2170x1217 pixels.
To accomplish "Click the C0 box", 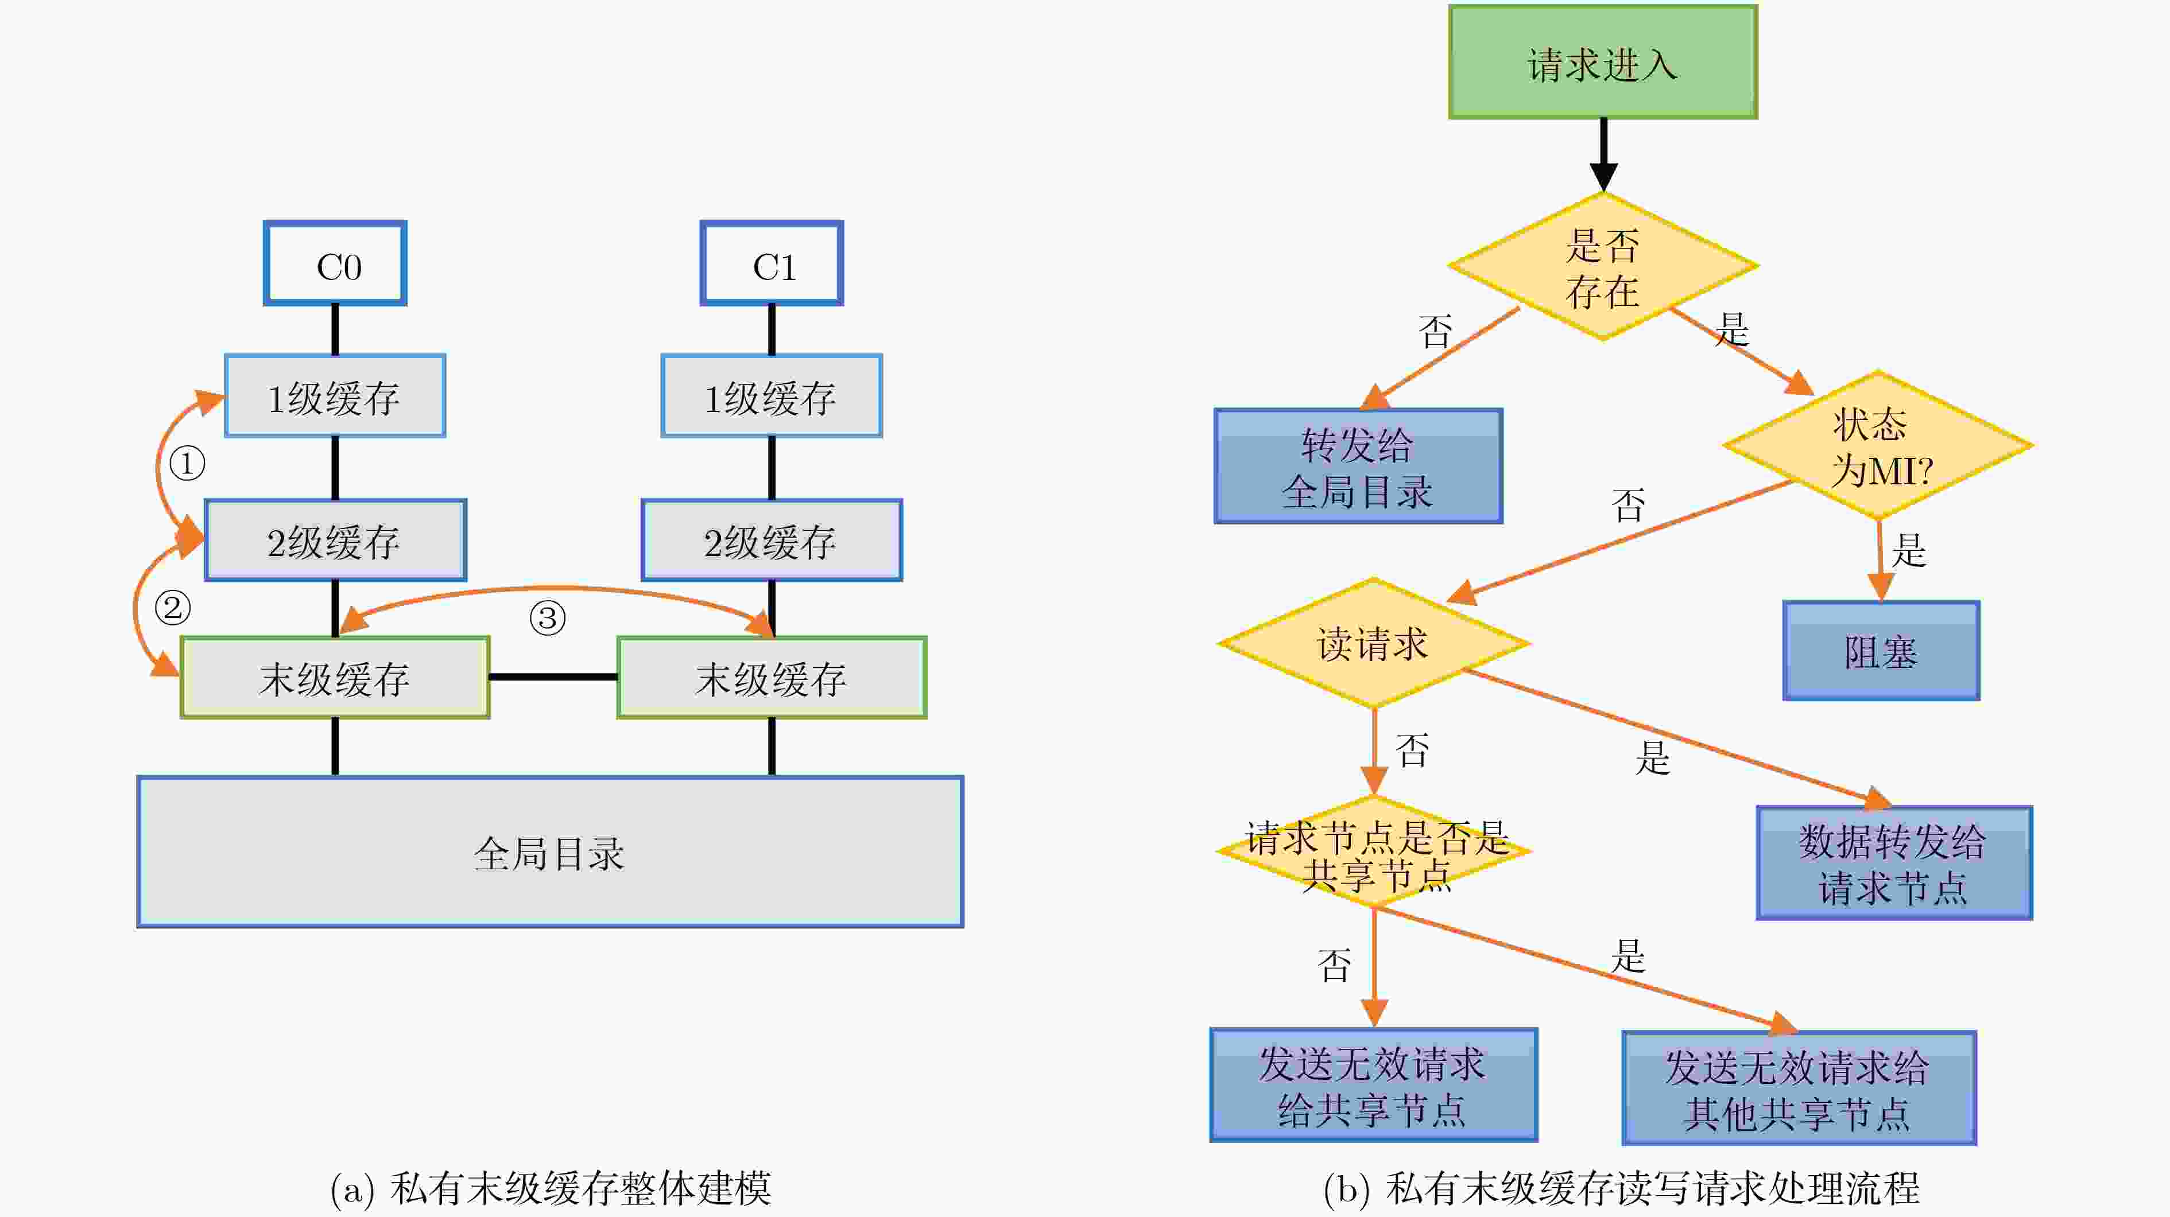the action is click(x=335, y=263).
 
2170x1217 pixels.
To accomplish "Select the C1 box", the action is click(x=772, y=263).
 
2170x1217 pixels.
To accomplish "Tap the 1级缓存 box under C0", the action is click(x=335, y=396).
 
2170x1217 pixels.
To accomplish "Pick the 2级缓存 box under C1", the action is click(x=772, y=541).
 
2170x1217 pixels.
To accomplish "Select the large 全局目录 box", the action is click(x=550, y=852).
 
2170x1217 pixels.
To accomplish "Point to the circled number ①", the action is click(x=187, y=463).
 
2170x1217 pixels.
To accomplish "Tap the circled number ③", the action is click(x=548, y=618).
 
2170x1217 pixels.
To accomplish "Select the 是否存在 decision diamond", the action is click(x=1603, y=266).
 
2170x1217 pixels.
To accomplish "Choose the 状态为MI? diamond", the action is click(x=1878, y=445).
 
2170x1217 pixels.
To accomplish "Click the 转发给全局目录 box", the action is click(x=1358, y=466).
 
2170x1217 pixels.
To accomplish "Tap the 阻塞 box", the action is click(x=1881, y=650).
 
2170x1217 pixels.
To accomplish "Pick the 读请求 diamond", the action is click(x=1374, y=643).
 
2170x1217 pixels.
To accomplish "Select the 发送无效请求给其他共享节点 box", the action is click(x=1799, y=1088).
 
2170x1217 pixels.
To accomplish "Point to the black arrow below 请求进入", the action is click(x=1603, y=155).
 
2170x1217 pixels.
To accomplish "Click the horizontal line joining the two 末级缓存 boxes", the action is click(x=553, y=677).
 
